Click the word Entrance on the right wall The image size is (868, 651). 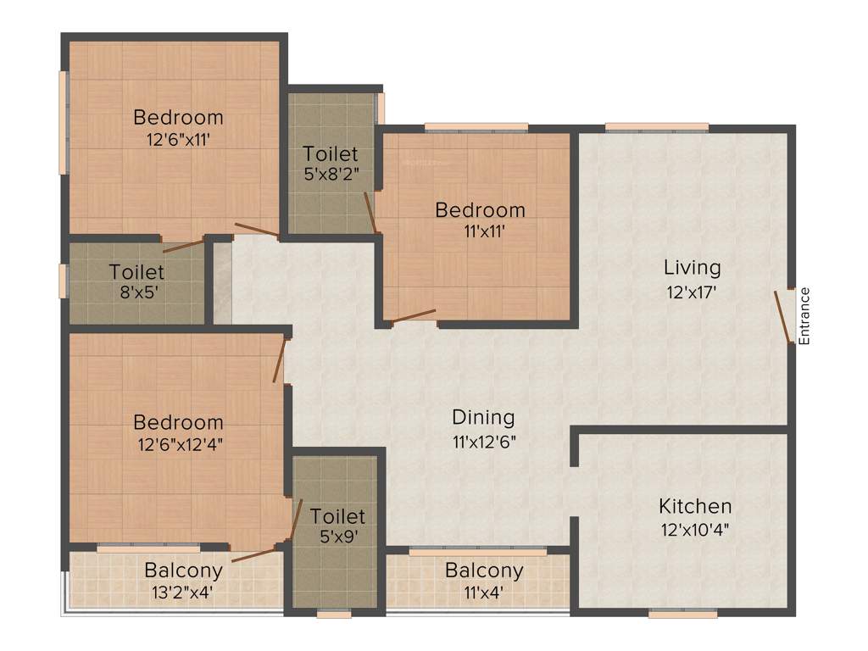[x=805, y=315]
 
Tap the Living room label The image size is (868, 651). [x=692, y=268]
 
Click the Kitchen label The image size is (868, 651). [x=695, y=507]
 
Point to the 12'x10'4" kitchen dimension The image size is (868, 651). [x=695, y=530]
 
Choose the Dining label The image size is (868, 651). [x=483, y=417]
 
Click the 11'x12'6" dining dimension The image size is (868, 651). [x=483, y=441]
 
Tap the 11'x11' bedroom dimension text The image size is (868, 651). [x=480, y=231]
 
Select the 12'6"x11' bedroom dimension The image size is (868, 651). [x=178, y=140]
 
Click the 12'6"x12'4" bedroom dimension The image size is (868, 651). [x=178, y=444]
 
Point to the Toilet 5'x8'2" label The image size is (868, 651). [x=331, y=154]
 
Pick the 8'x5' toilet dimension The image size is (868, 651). [x=136, y=294]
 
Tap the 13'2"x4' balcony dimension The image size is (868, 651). [x=183, y=592]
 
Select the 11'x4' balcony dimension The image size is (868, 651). [x=484, y=592]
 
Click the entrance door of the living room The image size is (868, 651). [x=783, y=317]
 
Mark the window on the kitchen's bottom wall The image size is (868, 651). [x=682, y=613]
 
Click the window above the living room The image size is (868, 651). [x=657, y=127]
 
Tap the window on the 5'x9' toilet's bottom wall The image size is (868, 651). [x=334, y=614]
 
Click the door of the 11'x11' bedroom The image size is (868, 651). [x=414, y=316]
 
